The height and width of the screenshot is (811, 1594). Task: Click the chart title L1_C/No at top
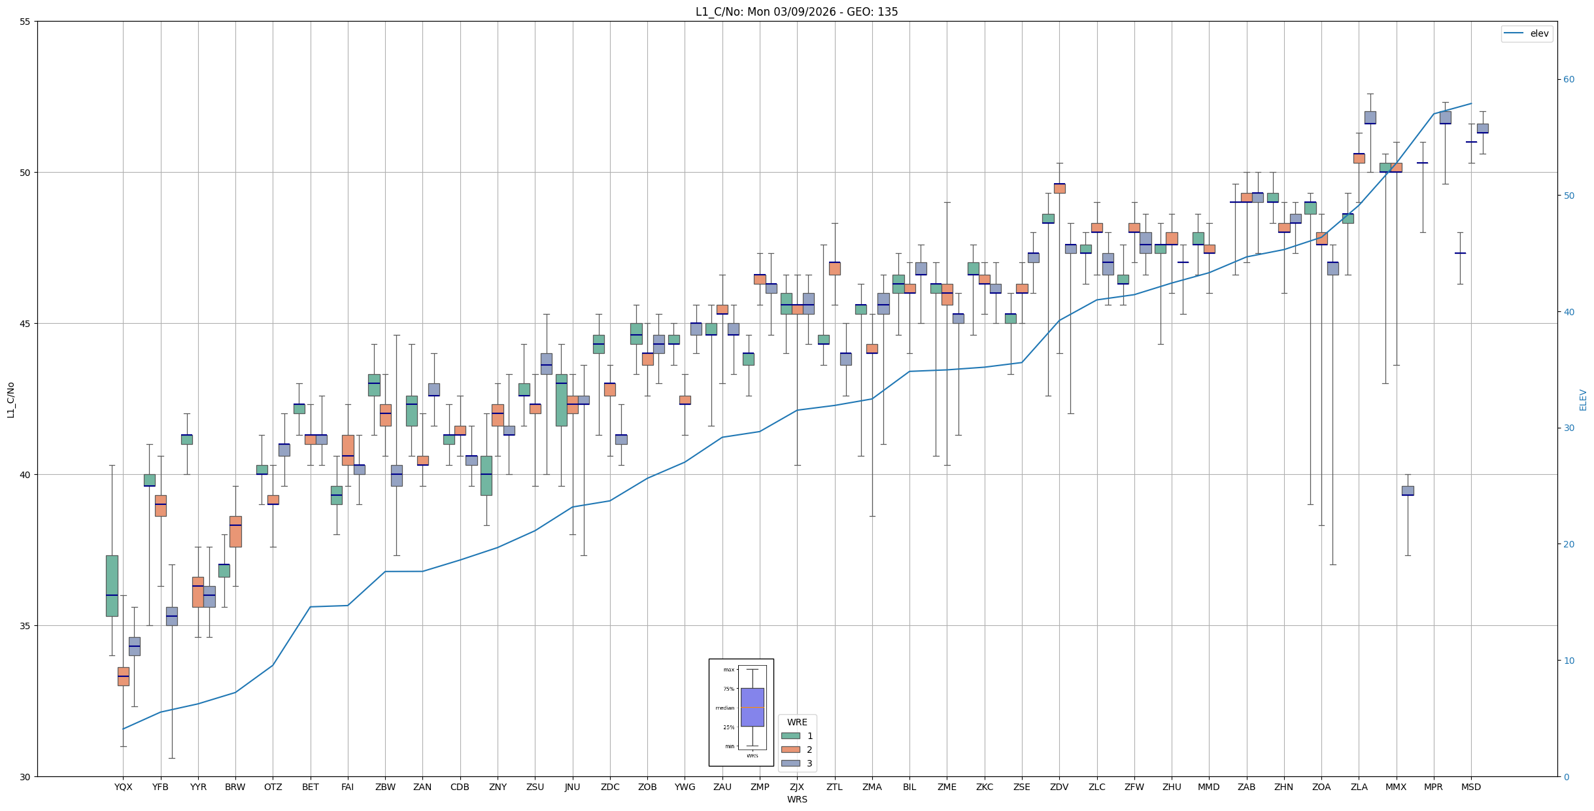point(796,12)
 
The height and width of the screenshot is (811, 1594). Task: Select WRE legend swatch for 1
point(790,736)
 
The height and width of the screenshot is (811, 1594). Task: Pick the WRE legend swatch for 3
point(790,763)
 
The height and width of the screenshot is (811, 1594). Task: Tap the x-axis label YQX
point(123,787)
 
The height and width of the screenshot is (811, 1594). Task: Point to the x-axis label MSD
point(1471,787)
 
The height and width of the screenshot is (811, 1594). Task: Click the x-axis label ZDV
point(1059,787)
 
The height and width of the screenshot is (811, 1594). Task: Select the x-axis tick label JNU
point(572,787)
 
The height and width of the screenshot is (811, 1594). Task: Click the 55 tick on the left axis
point(25,22)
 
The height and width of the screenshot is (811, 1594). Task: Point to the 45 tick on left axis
point(25,324)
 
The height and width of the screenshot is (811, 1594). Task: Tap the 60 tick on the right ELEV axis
point(1569,80)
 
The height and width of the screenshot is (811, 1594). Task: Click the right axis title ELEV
point(1583,400)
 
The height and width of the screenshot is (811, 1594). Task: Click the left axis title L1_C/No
point(10,400)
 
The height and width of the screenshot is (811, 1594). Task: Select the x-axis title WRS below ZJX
point(797,799)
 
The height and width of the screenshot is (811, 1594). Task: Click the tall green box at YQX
point(112,585)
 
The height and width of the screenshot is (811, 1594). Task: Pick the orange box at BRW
point(235,531)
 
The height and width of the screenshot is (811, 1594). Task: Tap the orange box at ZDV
point(1059,188)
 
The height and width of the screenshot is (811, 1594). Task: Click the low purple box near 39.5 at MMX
point(1408,491)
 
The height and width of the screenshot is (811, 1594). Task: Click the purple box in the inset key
point(752,707)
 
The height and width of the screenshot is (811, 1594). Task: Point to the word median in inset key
point(724,708)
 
